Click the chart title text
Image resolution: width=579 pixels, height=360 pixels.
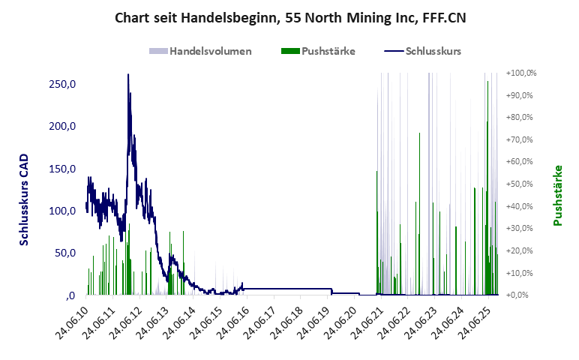290,17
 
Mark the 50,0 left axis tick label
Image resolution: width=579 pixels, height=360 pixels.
64,253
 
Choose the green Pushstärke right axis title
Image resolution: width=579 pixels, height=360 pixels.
557,195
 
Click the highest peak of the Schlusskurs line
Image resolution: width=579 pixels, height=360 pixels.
128,75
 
